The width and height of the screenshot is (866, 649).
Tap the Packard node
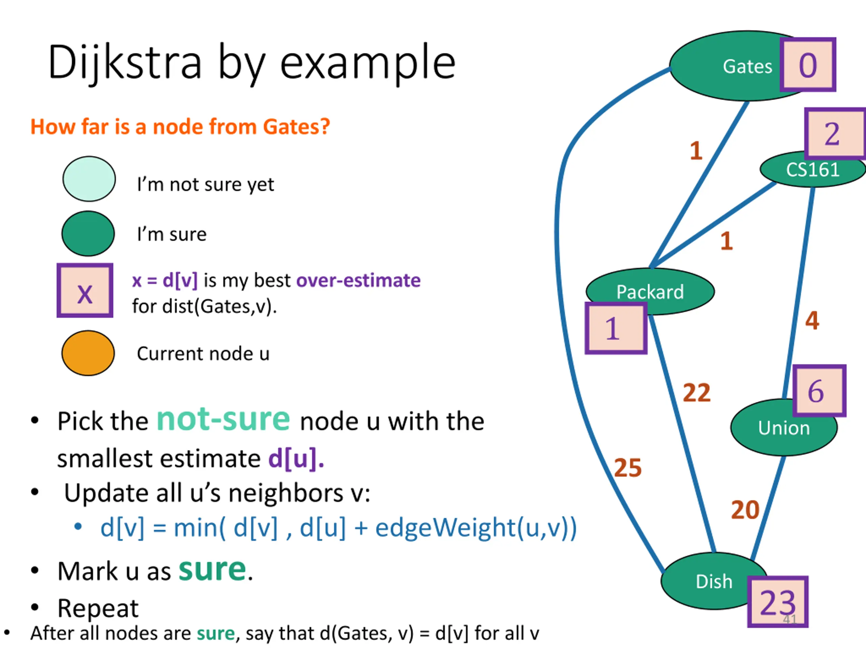coord(650,291)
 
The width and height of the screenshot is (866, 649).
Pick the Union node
coord(784,427)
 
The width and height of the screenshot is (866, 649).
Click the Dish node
coord(714,581)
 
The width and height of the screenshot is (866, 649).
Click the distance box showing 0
coord(808,65)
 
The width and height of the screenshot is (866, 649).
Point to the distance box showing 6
coord(819,390)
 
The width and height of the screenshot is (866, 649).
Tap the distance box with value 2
coord(836,134)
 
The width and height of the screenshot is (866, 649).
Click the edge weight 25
coord(628,467)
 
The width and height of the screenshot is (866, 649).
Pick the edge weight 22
coord(697,392)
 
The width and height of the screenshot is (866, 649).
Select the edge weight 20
coord(745,510)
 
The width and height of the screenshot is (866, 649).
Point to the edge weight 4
coord(812,320)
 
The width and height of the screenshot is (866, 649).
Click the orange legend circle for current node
coord(88,353)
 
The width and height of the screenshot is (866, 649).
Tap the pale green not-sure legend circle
coord(89,179)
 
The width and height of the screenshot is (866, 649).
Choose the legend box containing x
coord(85,290)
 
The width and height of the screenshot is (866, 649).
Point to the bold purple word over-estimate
coord(358,280)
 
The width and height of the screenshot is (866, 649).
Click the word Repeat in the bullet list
coord(98,608)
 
